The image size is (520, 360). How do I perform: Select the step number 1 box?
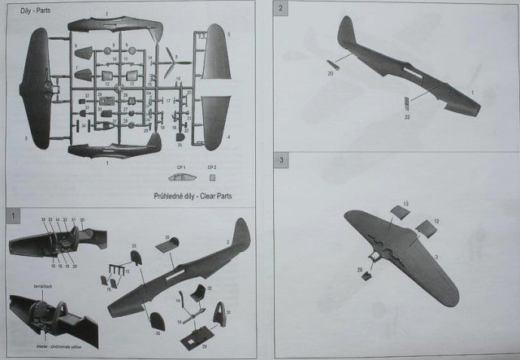point(14,215)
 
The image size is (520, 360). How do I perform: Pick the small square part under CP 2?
point(213,176)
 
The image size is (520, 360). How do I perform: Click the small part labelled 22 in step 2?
point(406,102)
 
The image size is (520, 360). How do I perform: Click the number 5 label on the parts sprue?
point(230,34)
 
